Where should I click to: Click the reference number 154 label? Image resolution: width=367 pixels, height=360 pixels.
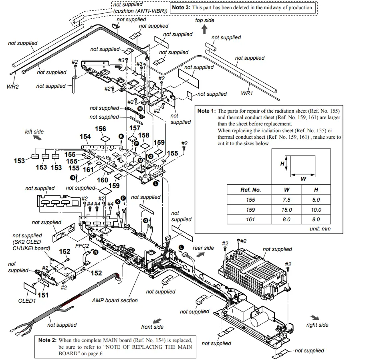pos(85,136)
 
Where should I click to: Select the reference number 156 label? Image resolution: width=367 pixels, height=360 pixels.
pos(101,128)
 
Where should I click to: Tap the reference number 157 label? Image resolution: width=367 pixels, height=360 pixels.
pos(135,128)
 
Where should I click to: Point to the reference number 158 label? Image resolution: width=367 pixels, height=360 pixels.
pos(143,135)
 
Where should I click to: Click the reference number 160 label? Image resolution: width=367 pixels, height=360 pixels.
pos(103,180)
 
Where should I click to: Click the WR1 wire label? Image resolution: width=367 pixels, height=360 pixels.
pos(246,93)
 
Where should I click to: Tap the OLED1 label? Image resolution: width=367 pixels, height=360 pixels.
pos(27,301)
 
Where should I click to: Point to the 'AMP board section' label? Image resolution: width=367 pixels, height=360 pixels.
pos(115,300)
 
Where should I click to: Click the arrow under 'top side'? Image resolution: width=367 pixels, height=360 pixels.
pos(204,29)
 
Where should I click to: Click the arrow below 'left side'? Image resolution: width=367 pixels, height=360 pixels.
pos(37,138)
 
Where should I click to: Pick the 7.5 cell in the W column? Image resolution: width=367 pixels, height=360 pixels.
pos(286,200)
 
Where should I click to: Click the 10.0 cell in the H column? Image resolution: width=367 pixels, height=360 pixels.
pos(316,210)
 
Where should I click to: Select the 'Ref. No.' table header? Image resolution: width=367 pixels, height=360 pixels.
pos(250,190)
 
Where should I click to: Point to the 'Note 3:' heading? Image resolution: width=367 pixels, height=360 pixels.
pos(181,7)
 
